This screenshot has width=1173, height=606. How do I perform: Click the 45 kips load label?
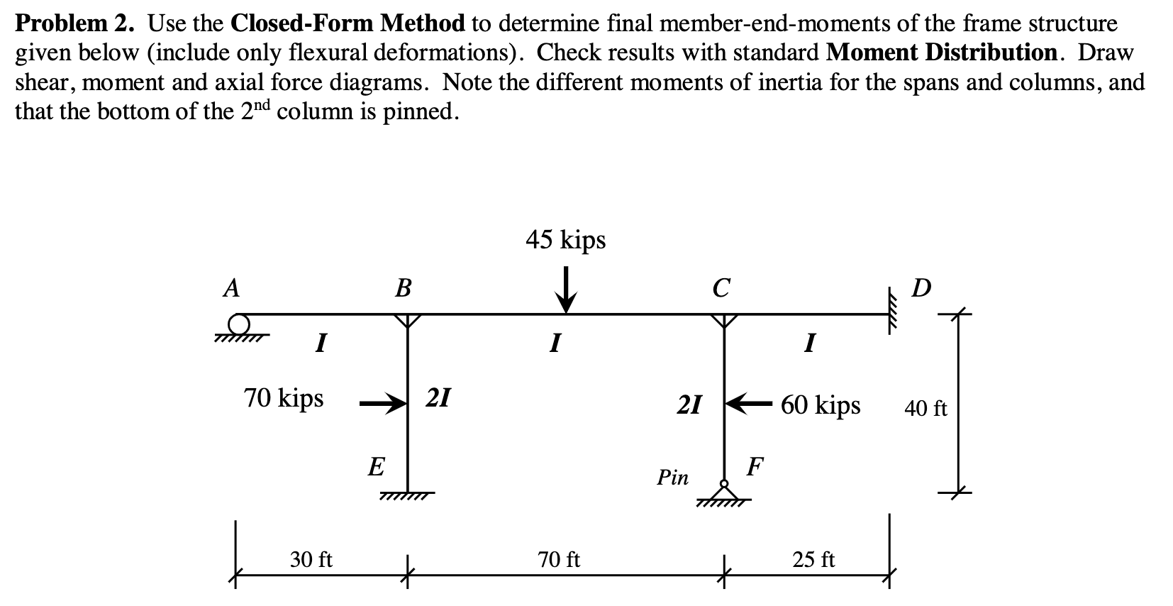coord(565,241)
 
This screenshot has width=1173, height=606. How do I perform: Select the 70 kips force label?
coord(284,398)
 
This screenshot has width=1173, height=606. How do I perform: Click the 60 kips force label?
coord(821,405)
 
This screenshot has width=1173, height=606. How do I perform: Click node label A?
coord(230,287)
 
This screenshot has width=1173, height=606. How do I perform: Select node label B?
coord(402,288)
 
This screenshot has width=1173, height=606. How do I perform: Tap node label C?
coord(721,288)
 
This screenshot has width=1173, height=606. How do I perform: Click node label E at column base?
coord(377,467)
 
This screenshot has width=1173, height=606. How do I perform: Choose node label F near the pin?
coord(756,467)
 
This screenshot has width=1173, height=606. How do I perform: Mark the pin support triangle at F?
coord(723,492)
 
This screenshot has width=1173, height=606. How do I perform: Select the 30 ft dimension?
coord(311,560)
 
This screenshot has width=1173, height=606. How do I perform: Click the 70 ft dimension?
coord(559,560)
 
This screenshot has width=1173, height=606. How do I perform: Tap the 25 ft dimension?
coord(813,560)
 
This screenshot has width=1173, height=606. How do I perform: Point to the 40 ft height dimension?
coord(925,409)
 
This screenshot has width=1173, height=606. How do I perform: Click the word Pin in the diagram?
coord(672,478)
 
